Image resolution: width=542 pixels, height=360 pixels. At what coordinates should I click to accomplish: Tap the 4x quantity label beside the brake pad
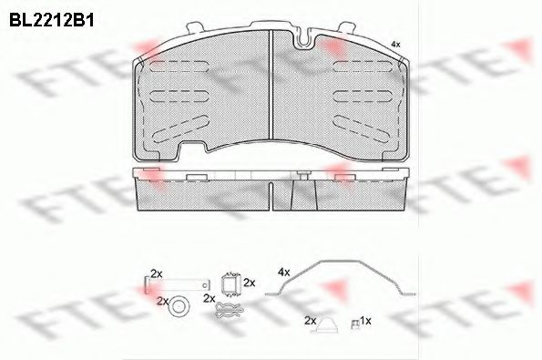(x=394, y=44)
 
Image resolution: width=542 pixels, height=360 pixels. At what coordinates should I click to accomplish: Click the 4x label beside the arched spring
(x=283, y=272)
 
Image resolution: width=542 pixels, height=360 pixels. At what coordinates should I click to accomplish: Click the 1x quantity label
(x=366, y=321)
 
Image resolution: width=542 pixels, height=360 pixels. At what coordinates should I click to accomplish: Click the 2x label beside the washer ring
(x=162, y=300)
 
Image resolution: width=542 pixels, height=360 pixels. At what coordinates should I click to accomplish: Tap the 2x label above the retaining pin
(x=155, y=273)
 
